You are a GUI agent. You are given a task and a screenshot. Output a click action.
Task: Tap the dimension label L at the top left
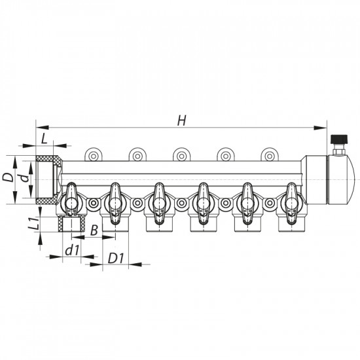[x=43, y=138]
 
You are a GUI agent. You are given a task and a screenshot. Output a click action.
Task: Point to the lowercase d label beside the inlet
[x=23, y=178]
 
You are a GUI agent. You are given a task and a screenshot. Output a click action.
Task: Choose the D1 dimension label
[x=115, y=259]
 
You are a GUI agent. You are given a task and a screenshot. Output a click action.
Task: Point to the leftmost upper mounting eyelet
[x=94, y=155]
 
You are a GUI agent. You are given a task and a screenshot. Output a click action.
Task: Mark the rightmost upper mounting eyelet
[x=269, y=155]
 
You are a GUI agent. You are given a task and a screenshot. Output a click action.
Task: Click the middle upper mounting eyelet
[x=181, y=155]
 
